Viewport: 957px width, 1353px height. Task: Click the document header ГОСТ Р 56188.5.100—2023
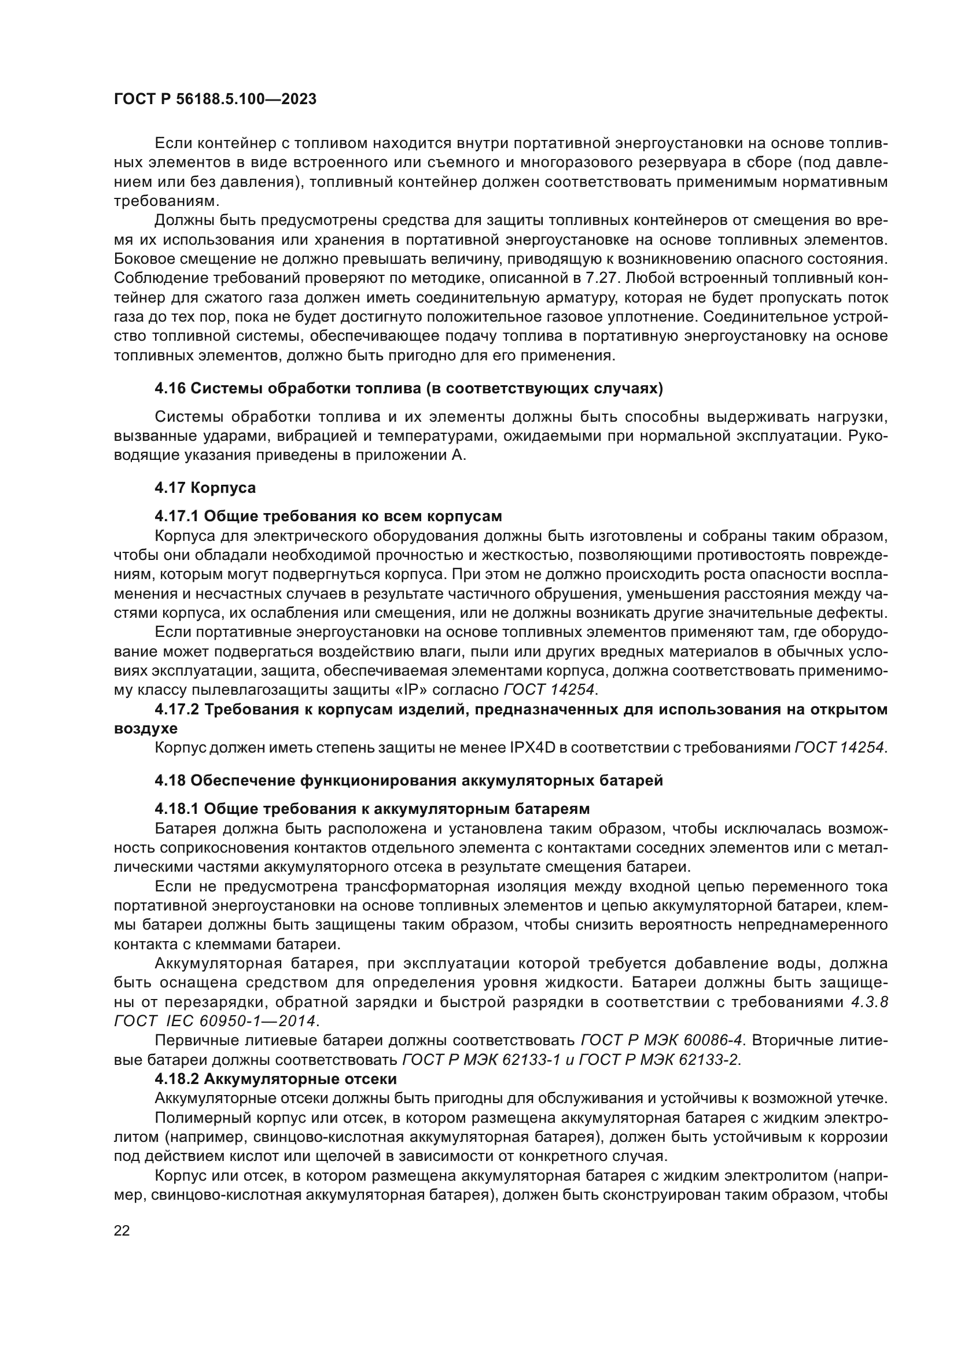[x=215, y=99]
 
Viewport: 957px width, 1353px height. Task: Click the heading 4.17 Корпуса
[x=205, y=488]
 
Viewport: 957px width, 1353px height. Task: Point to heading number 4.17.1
[x=177, y=516]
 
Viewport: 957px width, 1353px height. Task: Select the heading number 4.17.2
[x=177, y=710]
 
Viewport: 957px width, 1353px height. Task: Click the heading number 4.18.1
[x=177, y=808]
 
